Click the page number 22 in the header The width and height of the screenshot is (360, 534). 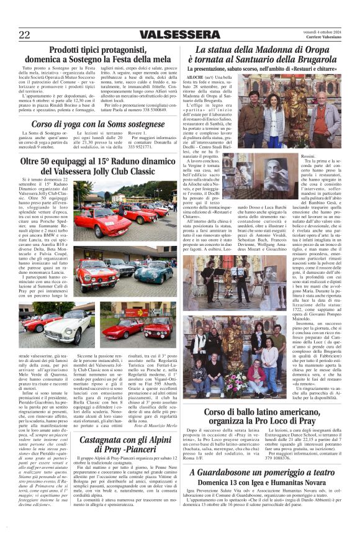point(25,35)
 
